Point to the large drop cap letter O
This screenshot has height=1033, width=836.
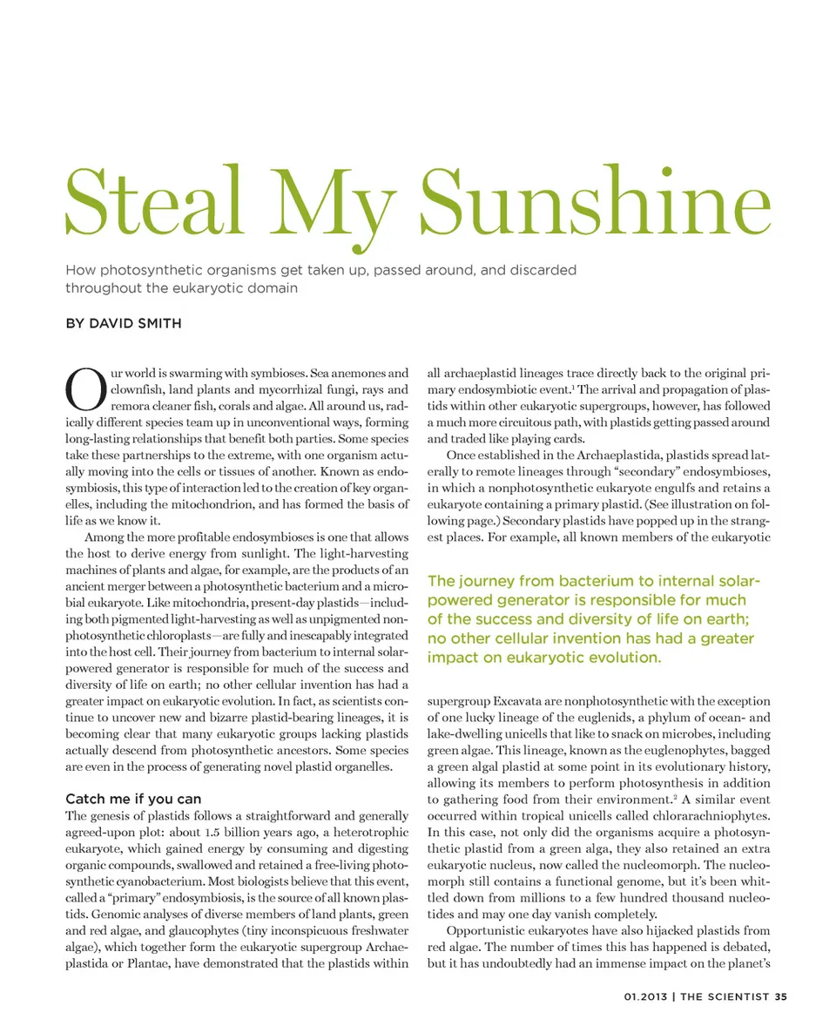click(x=84, y=388)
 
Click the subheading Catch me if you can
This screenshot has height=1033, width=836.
click(x=133, y=799)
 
